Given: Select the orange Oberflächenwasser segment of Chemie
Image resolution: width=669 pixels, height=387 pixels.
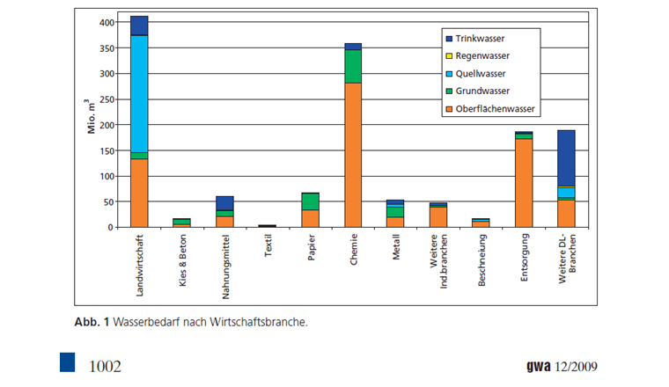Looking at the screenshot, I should click(x=352, y=155).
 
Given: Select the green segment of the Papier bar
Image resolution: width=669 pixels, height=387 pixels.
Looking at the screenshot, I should click(x=310, y=201).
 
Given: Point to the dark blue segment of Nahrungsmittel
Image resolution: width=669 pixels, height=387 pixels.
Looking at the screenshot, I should click(x=224, y=203).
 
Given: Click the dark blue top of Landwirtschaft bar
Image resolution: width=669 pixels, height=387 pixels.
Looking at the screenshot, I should click(x=138, y=26).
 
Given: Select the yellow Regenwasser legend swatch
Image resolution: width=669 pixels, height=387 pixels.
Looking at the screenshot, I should click(x=449, y=56).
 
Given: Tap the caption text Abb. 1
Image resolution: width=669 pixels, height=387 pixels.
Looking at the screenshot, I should click(x=92, y=322).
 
